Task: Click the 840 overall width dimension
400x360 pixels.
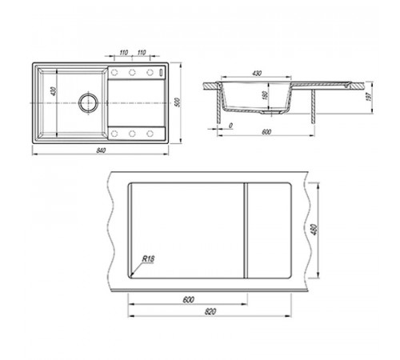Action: pyautogui.click(x=101, y=150)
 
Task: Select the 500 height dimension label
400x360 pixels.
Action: pyautogui.click(x=178, y=102)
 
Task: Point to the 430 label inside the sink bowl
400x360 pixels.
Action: pyautogui.click(x=54, y=91)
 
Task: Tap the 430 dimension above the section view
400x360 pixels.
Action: pyautogui.click(x=257, y=73)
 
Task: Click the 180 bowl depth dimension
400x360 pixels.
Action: pyautogui.click(x=265, y=95)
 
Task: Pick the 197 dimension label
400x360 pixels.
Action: pyautogui.click(x=369, y=97)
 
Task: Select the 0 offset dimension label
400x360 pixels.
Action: pyautogui.click(x=231, y=126)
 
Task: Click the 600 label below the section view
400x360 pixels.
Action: pyautogui.click(x=266, y=132)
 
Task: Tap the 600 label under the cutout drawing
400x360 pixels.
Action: pyautogui.click(x=188, y=300)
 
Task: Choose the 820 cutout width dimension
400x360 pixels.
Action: pyautogui.click(x=210, y=311)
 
